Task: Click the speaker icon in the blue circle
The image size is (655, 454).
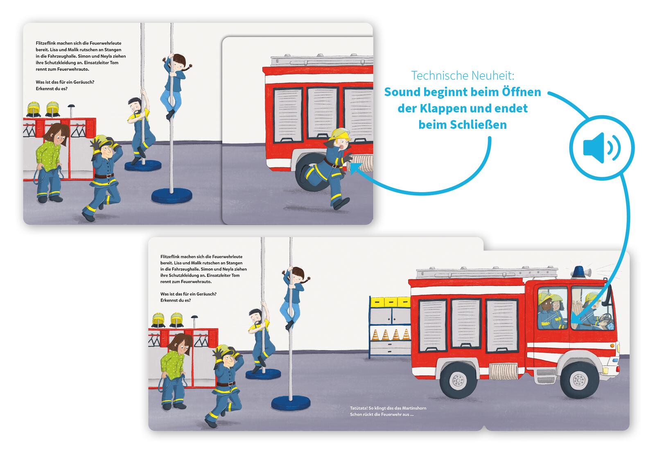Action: point(601,148)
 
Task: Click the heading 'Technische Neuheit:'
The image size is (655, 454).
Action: point(463,76)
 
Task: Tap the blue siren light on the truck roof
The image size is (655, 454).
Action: point(579,272)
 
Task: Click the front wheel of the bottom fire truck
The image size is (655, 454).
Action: point(579,380)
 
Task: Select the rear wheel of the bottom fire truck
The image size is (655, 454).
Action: point(458,380)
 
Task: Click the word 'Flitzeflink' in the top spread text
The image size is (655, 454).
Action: point(45,43)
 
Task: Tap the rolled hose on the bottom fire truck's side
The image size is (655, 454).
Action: point(503,372)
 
